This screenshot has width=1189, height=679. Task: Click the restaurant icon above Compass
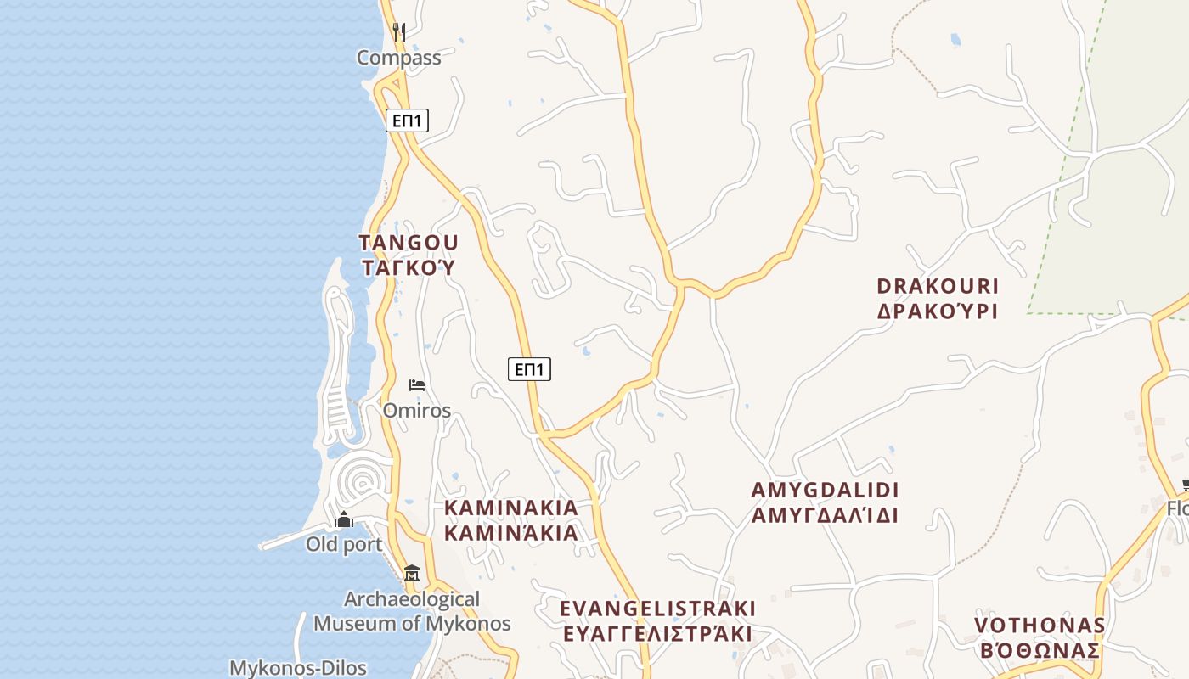[x=399, y=32]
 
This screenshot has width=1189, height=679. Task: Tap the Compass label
[x=398, y=58]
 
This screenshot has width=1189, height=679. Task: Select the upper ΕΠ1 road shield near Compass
[x=407, y=121]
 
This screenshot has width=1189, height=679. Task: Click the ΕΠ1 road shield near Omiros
[x=529, y=369]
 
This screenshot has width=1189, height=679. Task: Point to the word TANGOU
[x=408, y=244]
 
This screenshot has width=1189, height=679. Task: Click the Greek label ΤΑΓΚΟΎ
[x=408, y=268]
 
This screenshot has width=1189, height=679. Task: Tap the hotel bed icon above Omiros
[x=416, y=385]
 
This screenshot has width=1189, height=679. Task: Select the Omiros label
[x=416, y=411]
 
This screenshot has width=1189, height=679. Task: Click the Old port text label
[x=344, y=545]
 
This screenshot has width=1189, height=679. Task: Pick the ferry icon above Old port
[x=344, y=519]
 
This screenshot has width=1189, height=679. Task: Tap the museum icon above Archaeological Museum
[x=412, y=574]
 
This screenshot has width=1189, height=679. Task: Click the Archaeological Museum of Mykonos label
[x=412, y=611]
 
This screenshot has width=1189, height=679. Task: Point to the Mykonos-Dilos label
[x=298, y=667]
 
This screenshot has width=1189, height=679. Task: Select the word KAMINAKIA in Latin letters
[x=511, y=508]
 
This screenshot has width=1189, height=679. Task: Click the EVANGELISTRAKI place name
[x=657, y=609]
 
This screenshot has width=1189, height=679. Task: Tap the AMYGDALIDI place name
[x=825, y=491]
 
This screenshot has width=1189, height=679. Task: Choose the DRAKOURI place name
[x=937, y=286]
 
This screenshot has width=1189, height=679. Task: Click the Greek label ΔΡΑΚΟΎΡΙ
[x=937, y=311]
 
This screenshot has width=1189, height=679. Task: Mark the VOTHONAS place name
[x=1040, y=626]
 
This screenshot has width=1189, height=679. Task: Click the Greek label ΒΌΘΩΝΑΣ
[x=1040, y=651]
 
